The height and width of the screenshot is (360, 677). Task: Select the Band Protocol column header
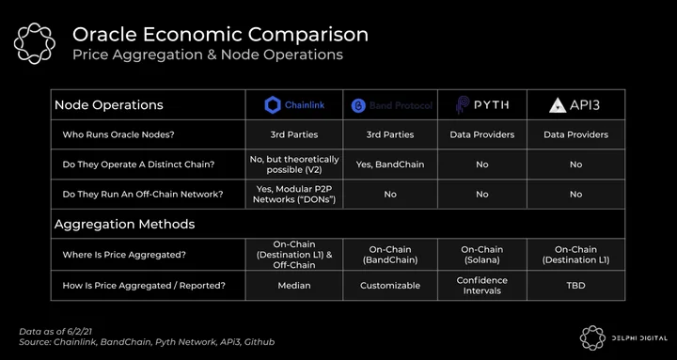(x=391, y=105)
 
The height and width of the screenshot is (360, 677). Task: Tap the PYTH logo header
(x=482, y=105)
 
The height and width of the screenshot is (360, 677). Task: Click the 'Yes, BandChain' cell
(x=390, y=164)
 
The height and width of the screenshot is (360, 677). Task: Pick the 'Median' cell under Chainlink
(x=294, y=286)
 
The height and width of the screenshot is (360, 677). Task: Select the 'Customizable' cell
(x=390, y=286)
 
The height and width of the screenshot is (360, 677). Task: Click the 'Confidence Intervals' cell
(x=481, y=286)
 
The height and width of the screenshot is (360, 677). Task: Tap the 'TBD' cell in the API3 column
(x=576, y=286)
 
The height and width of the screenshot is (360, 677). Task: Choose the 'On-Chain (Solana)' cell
(x=481, y=255)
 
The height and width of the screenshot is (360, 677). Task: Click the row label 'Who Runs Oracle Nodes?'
(x=118, y=134)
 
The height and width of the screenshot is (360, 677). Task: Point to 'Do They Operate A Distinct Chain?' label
(x=138, y=164)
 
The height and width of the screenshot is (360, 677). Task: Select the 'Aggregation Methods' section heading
(x=124, y=224)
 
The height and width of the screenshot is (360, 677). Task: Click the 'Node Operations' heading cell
(x=109, y=105)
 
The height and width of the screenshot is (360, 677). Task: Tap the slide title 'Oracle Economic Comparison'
(x=220, y=35)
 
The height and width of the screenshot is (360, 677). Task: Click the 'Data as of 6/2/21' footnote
(x=55, y=332)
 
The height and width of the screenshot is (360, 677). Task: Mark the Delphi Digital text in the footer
(x=639, y=338)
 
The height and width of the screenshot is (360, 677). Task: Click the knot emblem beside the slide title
(x=35, y=43)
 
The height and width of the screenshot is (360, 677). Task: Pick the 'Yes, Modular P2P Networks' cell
(x=294, y=195)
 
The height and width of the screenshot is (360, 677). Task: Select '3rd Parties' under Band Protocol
(x=390, y=134)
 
